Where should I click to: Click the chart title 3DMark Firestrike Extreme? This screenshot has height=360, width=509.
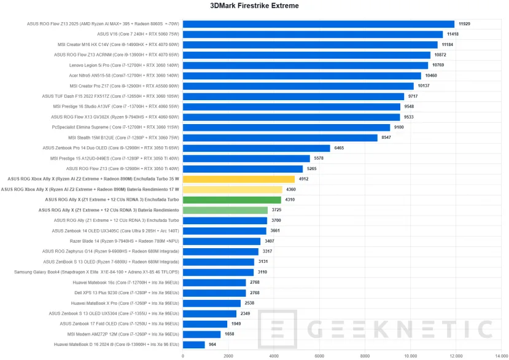point(254,6)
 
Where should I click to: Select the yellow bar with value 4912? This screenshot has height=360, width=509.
point(239,179)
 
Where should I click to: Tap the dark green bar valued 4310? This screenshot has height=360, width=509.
point(231,200)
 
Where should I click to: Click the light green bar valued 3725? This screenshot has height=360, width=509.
point(225,210)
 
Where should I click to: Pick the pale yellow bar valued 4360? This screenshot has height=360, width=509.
point(233,190)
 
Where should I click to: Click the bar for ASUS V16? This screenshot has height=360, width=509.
point(313,34)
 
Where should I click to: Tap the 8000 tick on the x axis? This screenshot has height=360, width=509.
point(365,356)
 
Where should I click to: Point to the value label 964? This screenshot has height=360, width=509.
point(212,345)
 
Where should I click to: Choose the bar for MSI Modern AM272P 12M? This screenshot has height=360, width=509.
point(201,335)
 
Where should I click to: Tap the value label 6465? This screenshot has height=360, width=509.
point(340,148)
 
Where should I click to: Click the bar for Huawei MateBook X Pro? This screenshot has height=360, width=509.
point(212,303)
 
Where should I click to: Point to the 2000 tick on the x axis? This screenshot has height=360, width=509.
point(228,356)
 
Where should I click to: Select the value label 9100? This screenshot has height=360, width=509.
point(399,128)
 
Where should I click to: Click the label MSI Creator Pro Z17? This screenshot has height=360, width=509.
point(124,86)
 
